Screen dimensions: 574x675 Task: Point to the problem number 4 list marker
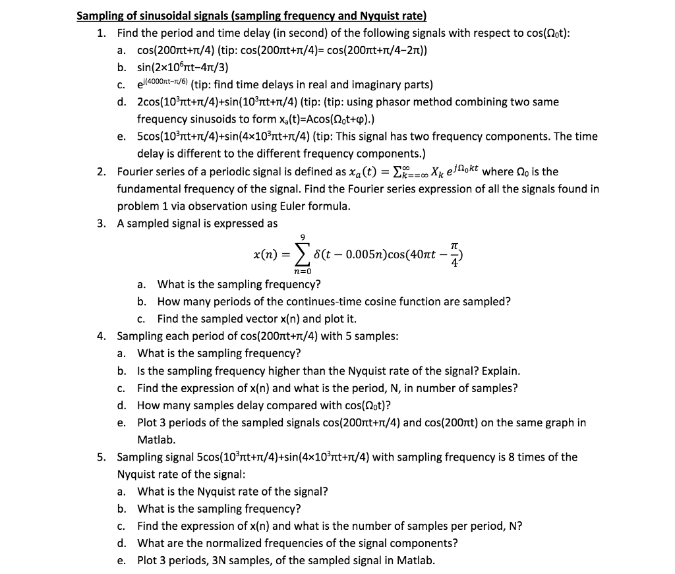pyautogui.click(x=101, y=336)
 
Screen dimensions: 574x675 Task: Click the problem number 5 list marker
pyautogui.click(x=101, y=457)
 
